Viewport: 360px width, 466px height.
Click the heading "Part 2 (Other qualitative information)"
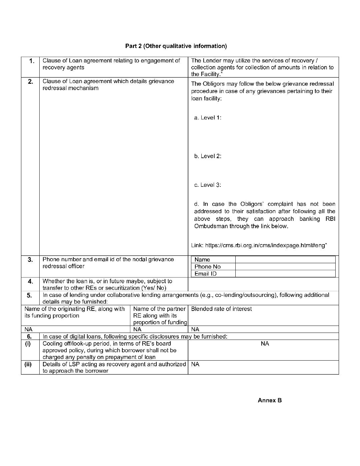[176, 46]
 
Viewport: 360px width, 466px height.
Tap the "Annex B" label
[270, 400]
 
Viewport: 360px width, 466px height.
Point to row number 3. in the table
[30, 260]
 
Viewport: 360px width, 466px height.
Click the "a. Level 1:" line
[208, 118]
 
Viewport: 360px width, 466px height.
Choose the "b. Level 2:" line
[208, 156]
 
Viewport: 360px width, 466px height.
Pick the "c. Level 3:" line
[208, 185]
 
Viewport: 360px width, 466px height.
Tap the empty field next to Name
[285, 260]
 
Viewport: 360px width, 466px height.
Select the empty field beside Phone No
[285, 267]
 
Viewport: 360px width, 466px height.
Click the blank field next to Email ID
[285, 274]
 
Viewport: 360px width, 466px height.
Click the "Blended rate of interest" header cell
[221, 309]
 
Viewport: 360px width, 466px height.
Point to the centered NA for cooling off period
[265, 344]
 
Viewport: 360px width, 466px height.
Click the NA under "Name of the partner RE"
[137, 330]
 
